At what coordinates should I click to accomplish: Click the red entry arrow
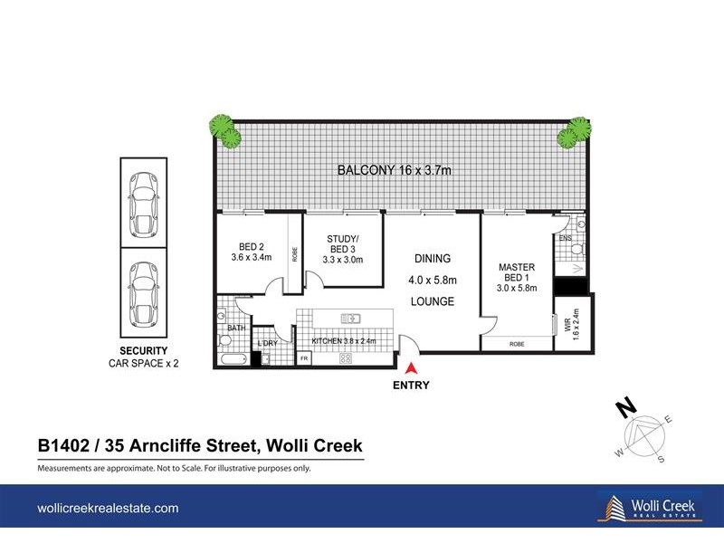click(411, 368)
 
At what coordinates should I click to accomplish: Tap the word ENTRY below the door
click(411, 385)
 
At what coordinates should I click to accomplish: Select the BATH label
click(237, 328)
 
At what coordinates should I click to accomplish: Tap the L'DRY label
click(267, 344)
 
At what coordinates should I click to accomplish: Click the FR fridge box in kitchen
click(304, 359)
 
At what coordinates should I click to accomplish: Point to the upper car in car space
click(143, 205)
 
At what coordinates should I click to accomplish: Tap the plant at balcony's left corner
click(224, 131)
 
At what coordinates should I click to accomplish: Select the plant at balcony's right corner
click(573, 132)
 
